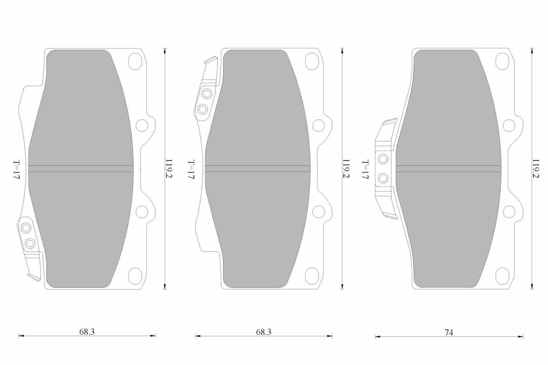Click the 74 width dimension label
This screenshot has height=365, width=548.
(x=449, y=332)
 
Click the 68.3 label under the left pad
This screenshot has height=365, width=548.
(x=87, y=332)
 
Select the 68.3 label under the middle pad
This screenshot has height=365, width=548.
(x=263, y=332)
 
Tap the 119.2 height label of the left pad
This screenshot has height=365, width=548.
(x=169, y=169)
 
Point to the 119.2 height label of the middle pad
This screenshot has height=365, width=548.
(x=345, y=169)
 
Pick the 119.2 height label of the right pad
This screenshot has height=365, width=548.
(x=536, y=169)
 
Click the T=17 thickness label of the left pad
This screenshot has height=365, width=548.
(x=16, y=169)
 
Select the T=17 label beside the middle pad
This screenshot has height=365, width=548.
(x=191, y=169)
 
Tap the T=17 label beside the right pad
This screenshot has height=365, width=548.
(x=365, y=169)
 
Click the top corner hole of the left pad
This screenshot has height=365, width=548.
(x=135, y=62)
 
